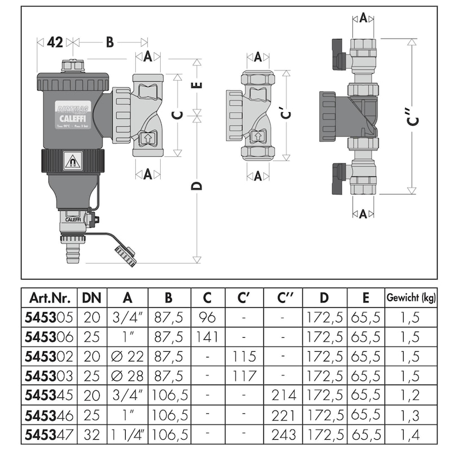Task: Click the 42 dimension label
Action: click(x=55, y=42)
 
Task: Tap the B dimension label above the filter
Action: click(x=110, y=42)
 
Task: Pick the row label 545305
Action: click(x=47, y=317)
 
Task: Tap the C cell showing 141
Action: click(x=207, y=337)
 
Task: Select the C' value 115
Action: click(x=244, y=357)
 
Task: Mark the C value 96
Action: click(x=207, y=317)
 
